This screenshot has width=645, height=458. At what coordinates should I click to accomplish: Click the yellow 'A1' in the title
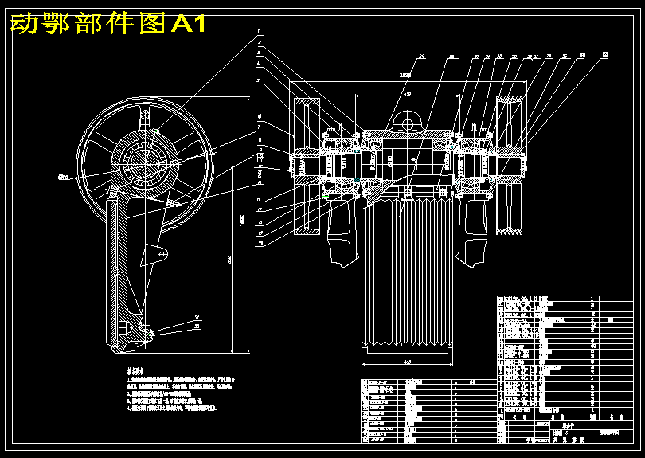pyautogui.click(x=190, y=25)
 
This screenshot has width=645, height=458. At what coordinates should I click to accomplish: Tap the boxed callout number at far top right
pyautogui.click(x=605, y=54)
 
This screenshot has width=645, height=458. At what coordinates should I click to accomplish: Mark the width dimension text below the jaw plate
pyautogui.click(x=406, y=363)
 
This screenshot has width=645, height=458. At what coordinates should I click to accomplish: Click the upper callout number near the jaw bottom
pyautogui.click(x=197, y=318)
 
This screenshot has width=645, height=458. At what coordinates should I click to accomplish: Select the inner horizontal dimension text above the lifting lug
pyautogui.click(x=407, y=94)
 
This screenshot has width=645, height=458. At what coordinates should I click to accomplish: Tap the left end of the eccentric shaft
pyautogui.click(x=293, y=166)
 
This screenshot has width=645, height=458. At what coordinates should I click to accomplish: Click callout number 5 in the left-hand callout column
pyautogui.click(x=259, y=80)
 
